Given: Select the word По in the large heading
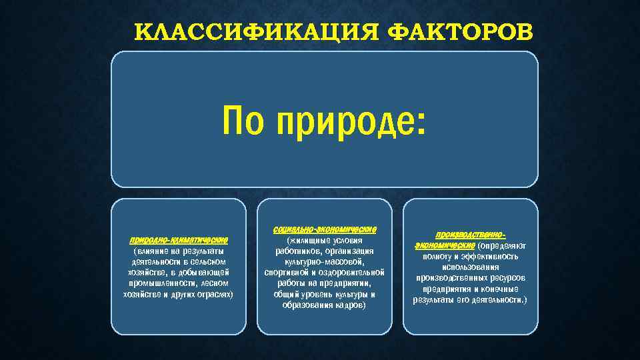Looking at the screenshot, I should click(246, 122).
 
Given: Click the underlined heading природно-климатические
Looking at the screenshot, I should click(179, 239).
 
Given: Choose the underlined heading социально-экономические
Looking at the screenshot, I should click(325, 229).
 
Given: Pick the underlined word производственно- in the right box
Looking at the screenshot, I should click(470, 235).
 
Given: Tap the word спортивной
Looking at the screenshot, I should click(287, 273).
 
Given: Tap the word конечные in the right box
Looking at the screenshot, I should click(499, 289).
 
